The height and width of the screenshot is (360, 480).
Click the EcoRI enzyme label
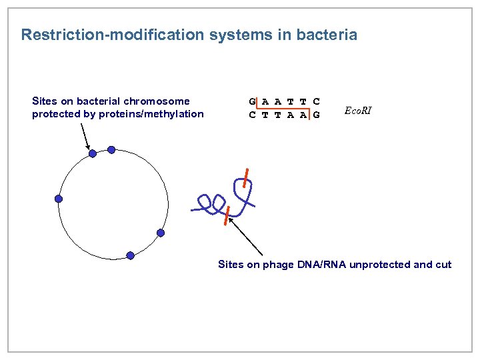[x=358, y=111]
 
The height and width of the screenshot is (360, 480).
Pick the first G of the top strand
[x=253, y=102]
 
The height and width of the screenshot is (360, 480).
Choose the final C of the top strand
[x=316, y=102]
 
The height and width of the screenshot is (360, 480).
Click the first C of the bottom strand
[x=253, y=114]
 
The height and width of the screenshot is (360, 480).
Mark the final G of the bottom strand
[x=316, y=114]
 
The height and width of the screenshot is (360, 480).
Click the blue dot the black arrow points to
[x=93, y=153]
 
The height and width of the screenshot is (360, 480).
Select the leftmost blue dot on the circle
[x=59, y=199]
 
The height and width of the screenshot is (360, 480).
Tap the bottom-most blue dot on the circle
[x=130, y=255]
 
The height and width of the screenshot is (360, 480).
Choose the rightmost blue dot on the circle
[x=161, y=233]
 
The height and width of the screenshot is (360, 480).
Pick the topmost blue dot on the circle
[x=111, y=150]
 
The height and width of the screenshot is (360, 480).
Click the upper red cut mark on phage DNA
[x=246, y=179]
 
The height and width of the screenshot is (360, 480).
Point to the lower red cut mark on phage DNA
[x=227, y=216]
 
